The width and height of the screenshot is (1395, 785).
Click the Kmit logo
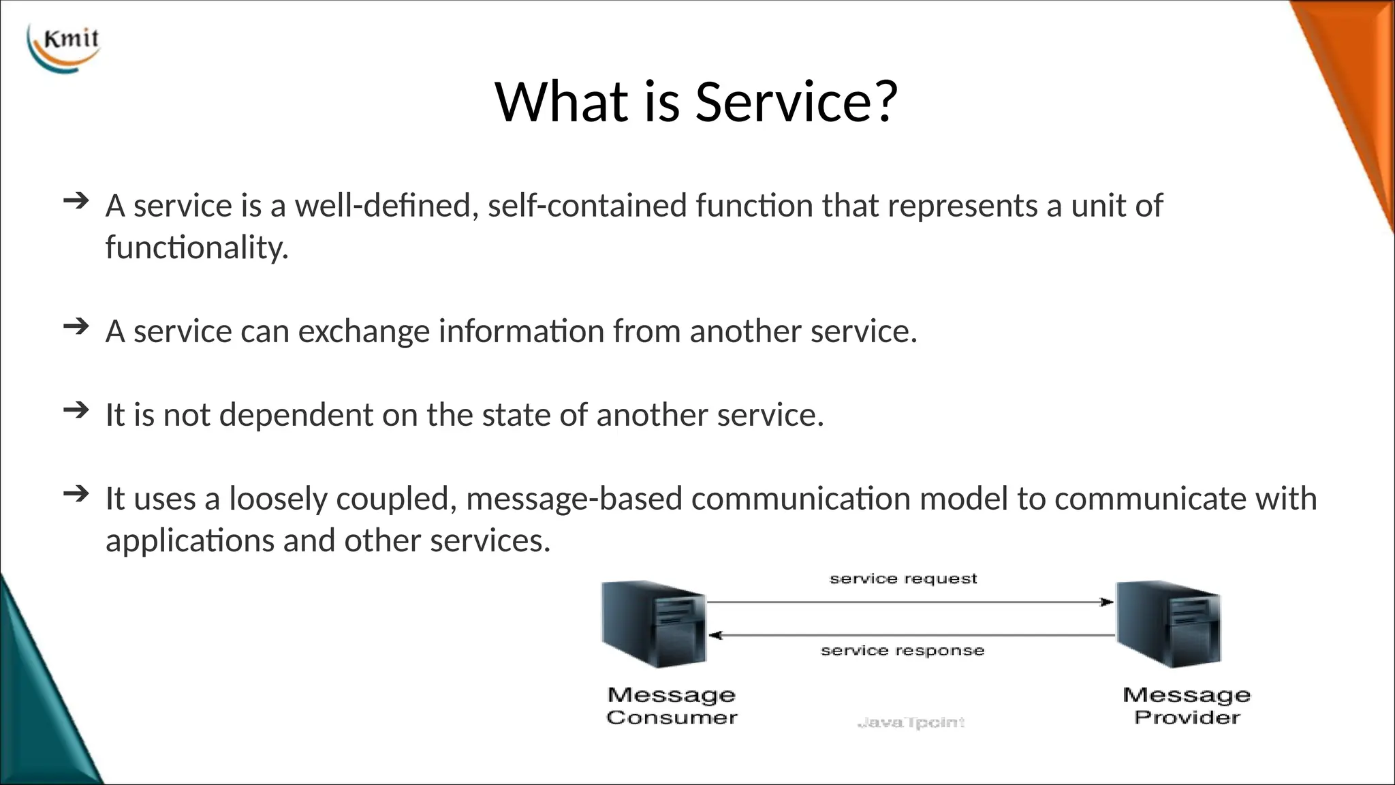[64, 46]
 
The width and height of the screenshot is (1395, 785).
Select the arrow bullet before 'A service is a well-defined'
[76, 201]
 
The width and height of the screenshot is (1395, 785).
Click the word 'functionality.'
[197, 247]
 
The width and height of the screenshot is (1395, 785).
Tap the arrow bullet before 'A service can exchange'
[76, 326]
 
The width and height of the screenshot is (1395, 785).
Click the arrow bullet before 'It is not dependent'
[76, 410]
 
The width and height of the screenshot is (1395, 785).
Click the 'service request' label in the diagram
[903, 579]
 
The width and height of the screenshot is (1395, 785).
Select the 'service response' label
[903, 651]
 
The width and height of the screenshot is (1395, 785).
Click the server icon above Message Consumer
[654, 624]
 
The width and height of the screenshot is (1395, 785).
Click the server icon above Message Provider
[1169, 624]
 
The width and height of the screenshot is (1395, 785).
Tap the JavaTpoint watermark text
[911, 722]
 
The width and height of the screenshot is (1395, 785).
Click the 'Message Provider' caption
[1187, 706]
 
